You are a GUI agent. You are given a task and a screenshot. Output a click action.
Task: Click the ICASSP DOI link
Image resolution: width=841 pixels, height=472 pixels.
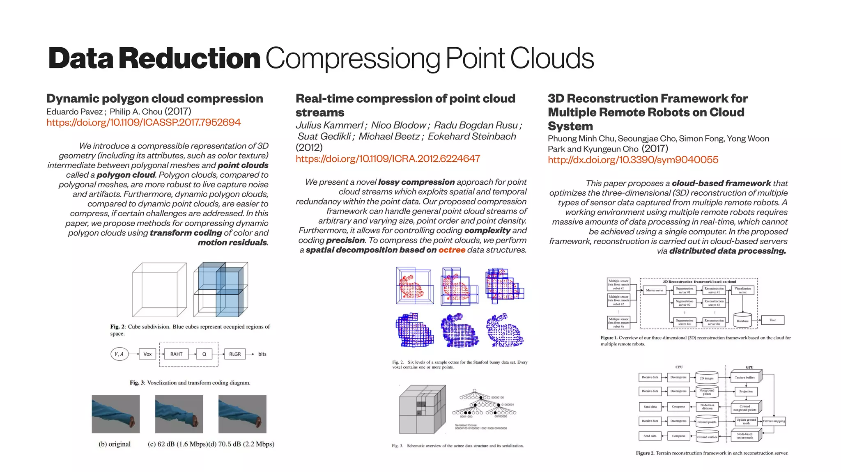143,122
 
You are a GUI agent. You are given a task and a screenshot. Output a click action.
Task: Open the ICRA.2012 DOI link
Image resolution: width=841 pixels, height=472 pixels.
388,158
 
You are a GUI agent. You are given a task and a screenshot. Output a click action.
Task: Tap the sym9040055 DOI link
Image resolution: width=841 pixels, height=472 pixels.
633,160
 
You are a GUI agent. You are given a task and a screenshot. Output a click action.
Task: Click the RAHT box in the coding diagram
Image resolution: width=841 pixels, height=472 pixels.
176,354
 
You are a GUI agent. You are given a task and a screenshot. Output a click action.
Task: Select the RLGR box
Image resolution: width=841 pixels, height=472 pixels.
235,354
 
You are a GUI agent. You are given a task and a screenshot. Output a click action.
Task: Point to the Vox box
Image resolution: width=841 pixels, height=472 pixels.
147,354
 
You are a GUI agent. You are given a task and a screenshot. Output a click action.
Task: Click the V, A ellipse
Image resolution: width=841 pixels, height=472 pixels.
119,354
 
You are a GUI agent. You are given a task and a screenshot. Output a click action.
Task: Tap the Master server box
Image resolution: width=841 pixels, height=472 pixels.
654,290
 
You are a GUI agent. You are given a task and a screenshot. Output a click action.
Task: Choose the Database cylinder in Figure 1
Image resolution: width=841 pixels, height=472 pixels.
742,321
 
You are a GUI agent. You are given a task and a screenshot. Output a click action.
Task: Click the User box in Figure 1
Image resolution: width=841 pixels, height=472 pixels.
772,320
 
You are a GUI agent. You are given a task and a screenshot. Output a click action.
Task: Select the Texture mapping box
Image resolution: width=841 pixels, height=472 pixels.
774,421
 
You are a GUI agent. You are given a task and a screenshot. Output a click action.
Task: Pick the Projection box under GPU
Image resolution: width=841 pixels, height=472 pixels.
746,391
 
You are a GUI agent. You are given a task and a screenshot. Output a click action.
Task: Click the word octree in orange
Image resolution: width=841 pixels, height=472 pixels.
452,250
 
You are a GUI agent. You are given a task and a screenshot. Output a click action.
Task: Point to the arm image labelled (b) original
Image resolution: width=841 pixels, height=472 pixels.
116,414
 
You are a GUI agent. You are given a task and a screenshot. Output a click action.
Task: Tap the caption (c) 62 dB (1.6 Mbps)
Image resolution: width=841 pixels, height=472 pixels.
177,444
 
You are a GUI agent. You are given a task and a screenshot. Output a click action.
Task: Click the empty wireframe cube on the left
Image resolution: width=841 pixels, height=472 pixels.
159,290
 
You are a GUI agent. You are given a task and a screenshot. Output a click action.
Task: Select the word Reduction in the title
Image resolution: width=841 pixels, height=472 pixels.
189,58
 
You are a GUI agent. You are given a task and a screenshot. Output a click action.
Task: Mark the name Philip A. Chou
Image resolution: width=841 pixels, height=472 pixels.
136,112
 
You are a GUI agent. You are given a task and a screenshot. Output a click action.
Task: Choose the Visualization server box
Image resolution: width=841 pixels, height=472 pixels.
742,290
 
